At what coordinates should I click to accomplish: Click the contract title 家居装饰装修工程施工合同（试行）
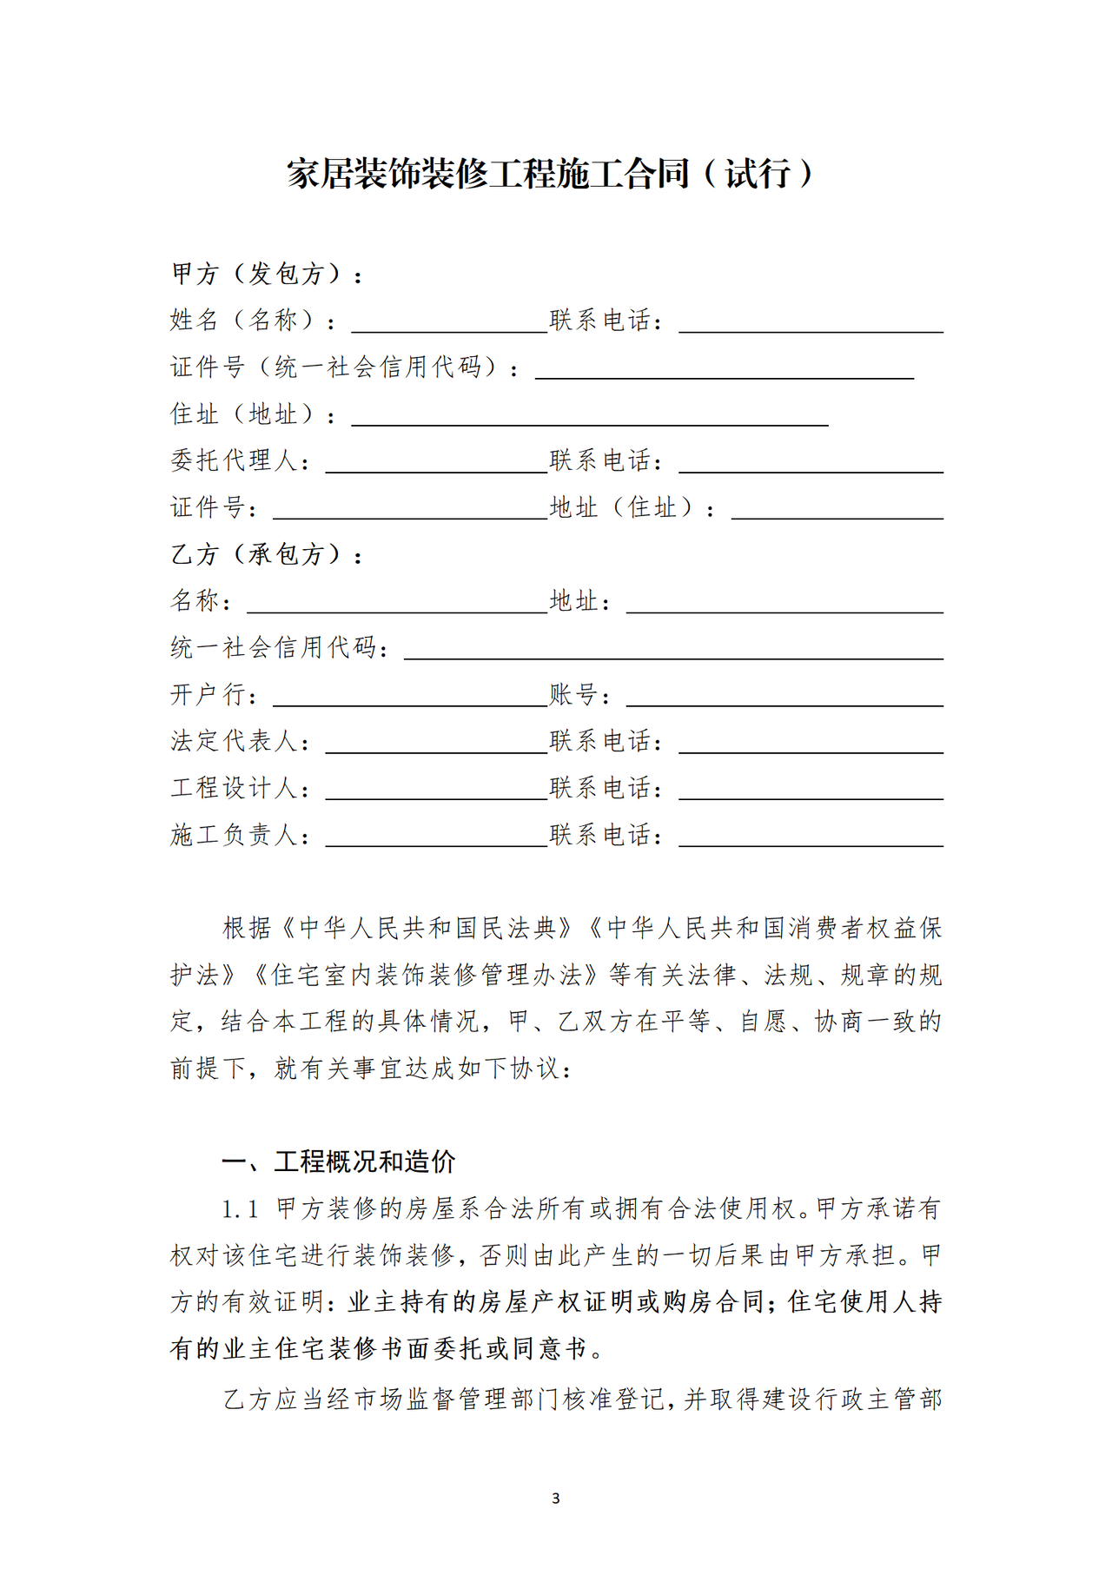pyautogui.click(x=551, y=174)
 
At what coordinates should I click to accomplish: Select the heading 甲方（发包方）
pyautogui.click(x=266, y=275)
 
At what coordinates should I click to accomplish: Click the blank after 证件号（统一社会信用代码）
pyautogui.click(x=724, y=369)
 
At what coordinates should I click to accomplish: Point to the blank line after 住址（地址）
pyautogui.click(x=589, y=416)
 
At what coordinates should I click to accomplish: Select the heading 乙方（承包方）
pyautogui.click(x=266, y=554)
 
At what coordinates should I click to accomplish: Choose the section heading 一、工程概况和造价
pyautogui.click(x=339, y=1161)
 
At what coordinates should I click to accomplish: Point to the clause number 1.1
pyautogui.click(x=240, y=1209)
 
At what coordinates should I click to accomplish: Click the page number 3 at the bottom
pyautogui.click(x=556, y=1499)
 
